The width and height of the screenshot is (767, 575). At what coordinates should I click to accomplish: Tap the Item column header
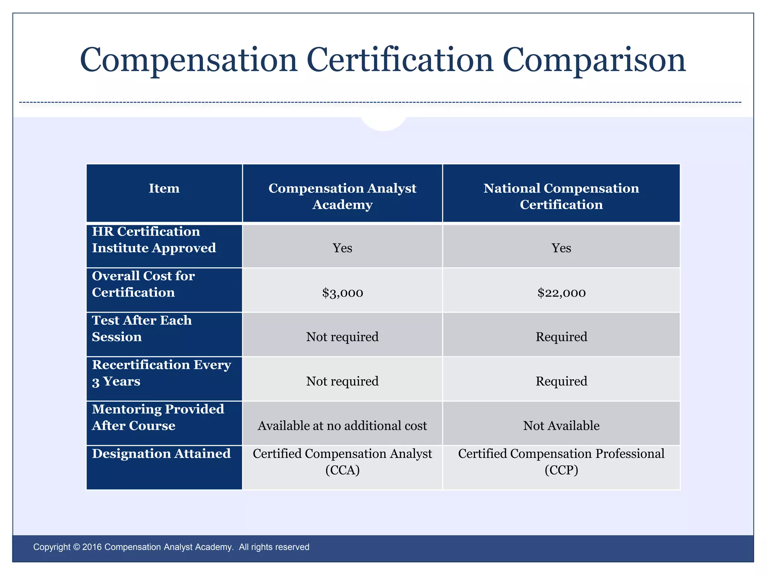click(164, 188)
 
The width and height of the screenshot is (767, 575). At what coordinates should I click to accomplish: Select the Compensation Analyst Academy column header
click(342, 196)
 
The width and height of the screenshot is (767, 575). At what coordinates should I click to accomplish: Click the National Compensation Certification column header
click(561, 196)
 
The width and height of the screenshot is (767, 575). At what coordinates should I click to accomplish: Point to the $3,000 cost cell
click(342, 292)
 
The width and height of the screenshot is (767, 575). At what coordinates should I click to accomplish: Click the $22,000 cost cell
click(561, 292)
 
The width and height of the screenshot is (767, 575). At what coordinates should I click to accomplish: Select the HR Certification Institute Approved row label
click(154, 240)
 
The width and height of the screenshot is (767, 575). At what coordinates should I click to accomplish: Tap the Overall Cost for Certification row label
click(143, 284)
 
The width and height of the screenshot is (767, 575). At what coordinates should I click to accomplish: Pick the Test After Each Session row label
click(142, 328)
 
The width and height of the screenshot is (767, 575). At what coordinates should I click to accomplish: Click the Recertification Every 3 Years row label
click(161, 373)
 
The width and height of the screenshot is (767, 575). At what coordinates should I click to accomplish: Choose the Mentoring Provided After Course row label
click(158, 417)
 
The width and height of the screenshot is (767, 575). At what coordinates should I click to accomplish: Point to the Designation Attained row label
click(161, 454)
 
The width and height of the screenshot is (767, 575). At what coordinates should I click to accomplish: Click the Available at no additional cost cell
click(342, 426)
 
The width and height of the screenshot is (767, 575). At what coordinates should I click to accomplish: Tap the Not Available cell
click(561, 426)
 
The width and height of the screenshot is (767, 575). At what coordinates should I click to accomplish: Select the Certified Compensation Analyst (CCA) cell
click(342, 462)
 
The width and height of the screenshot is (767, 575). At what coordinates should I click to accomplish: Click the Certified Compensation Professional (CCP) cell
click(561, 462)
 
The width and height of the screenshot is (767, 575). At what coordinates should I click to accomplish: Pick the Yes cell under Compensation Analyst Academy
click(342, 248)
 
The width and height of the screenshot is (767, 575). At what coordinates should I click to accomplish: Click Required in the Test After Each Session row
click(561, 337)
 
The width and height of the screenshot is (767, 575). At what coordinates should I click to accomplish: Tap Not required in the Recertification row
click(342, 381)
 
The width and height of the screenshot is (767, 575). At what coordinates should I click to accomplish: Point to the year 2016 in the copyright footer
click(92, 547)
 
